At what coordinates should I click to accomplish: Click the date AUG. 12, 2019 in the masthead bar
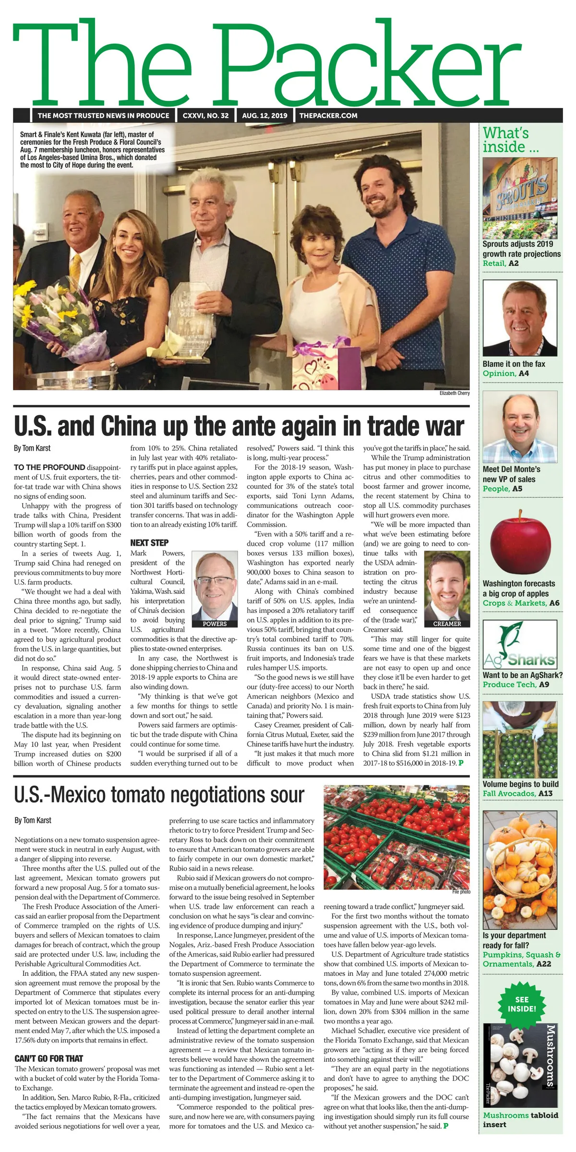pyautogui.click(x=264, y=116)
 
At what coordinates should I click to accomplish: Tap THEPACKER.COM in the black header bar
pyautogui.click(x=328, y=116)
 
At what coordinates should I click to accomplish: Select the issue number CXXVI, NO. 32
pyautogui.click(x=205, y=116)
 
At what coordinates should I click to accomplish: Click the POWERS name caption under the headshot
pyautogui.click(x=215, y=624)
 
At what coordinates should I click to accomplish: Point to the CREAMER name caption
pyautogui.click(x=447, y=624)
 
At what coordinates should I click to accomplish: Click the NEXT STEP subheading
pyautogui.click(x=149, y=543)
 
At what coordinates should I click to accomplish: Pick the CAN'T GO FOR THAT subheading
pyautogui.click(x=49, y=1058)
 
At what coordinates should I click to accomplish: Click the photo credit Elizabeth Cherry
pyautogui.click(x=454, y=393)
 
